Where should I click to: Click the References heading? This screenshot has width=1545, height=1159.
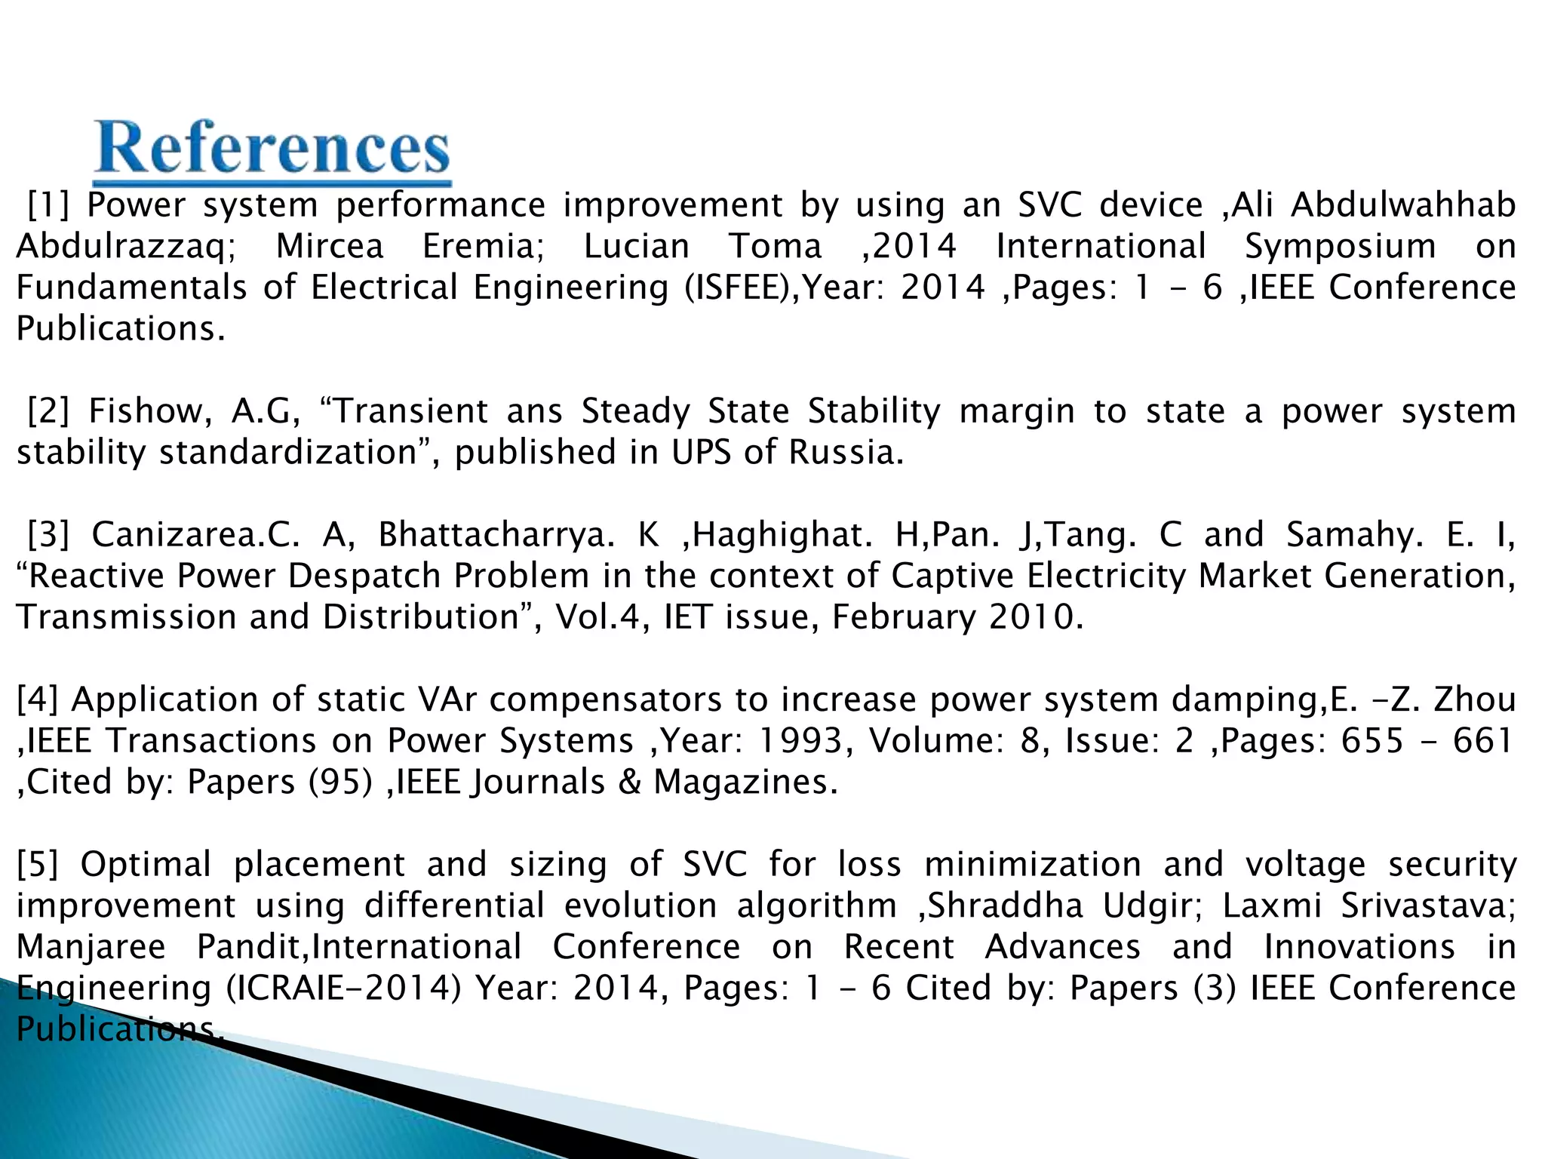click(x=272, y=149)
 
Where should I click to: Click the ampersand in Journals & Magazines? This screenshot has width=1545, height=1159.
click(x=629, y=782)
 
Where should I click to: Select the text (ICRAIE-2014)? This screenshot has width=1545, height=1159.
click(x=344, y=988)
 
